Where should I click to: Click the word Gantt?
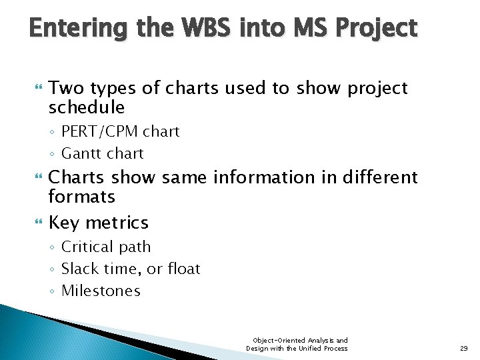81,153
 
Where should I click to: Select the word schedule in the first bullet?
87,107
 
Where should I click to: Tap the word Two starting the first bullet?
66,89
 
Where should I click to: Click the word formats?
82,197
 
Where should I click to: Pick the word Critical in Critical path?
87,247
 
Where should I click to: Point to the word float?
183,269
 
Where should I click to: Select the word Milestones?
101,291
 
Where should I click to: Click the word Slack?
79,269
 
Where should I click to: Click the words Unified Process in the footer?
323,348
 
